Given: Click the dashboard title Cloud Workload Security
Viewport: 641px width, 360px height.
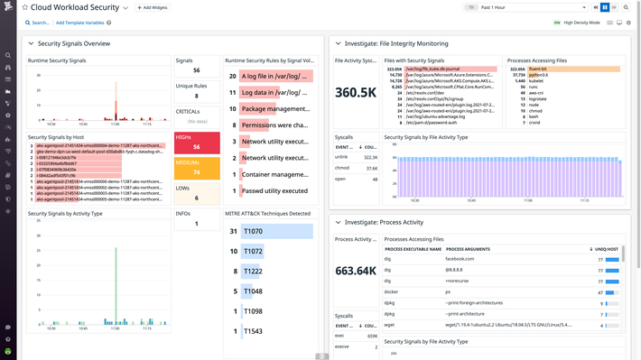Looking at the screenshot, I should [x=74, y=7].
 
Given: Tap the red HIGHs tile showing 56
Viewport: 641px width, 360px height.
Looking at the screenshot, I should [x=196, y=143].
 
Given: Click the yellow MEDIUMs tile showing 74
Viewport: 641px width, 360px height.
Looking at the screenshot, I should [x=196, y=168].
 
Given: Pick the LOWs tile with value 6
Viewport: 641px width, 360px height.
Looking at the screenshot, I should [x=196, y=193].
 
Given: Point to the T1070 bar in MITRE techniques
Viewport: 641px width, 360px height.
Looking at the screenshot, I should [x=276, y=232].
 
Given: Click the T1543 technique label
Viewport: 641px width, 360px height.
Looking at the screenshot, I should [x=253, y=331].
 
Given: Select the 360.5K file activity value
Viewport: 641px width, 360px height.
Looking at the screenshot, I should [x=356, y=92].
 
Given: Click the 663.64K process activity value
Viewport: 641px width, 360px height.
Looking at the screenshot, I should [x=356, y=271].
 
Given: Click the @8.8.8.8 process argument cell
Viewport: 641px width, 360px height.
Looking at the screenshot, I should [x=458, y=270].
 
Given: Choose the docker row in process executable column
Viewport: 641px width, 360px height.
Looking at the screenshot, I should [x=393, y=292].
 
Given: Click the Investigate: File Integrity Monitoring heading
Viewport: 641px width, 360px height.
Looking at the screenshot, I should [x=395, y=43].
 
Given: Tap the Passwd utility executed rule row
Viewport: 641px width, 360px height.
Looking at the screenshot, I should [x=274, y=190].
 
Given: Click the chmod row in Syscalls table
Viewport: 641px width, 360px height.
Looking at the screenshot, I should [x=343, y=168].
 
